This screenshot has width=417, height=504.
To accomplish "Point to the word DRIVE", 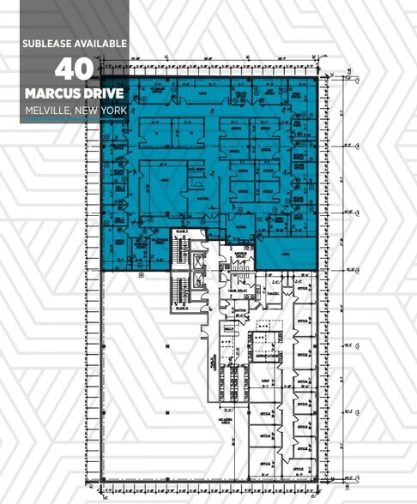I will [105, 92].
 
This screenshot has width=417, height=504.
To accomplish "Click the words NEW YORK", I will [106, 109].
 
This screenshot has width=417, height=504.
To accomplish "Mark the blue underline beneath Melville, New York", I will [76, 120].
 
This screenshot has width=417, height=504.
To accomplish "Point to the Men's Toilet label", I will [241, 291].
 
